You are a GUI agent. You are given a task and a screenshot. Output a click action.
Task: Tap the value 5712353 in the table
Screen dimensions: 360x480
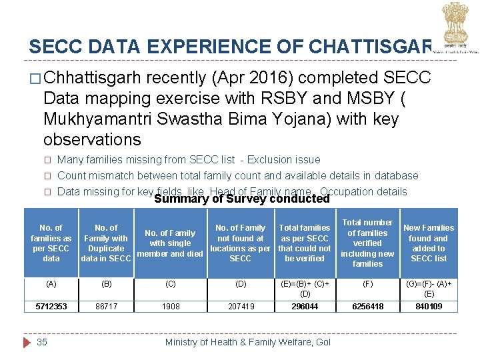click(51, 307)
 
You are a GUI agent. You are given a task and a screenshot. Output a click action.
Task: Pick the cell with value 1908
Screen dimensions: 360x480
click(171, 307)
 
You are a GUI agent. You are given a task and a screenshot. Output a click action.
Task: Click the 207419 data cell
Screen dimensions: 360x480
click(240, 307)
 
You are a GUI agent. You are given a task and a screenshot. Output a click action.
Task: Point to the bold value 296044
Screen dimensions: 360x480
click(305, 307)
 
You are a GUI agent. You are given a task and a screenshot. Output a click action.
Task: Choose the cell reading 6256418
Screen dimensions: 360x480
click(367, 307)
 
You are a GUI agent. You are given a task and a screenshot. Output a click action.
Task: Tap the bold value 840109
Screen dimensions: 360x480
click(429, 307)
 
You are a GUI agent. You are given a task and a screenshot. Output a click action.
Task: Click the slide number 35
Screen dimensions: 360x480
click(42, 342)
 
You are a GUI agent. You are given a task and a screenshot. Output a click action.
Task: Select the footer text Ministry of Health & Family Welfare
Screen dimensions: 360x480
click(247, 342)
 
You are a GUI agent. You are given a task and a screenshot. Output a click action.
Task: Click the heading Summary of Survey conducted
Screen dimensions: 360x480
click(241, 199)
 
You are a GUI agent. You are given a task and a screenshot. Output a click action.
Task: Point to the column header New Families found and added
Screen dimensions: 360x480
click(429, 243)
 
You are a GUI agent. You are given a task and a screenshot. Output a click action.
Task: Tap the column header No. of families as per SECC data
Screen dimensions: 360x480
click(51, 243)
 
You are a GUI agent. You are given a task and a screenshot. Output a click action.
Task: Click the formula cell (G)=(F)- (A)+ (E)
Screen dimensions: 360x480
click(429, 288)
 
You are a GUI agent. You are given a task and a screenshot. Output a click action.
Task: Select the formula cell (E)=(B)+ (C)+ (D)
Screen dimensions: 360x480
click(305, 288)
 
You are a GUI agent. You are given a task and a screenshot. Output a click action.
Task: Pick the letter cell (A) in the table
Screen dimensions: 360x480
click(51, 283)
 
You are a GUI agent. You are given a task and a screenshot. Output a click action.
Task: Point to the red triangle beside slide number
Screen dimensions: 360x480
click(27, 342)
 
